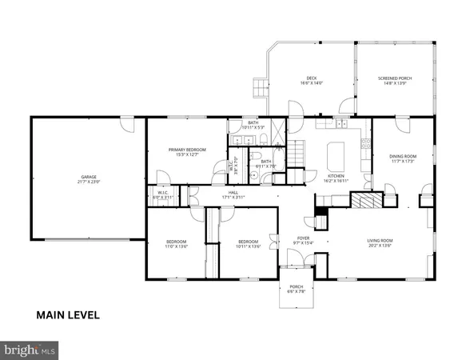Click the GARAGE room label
pyautogui.click(x=88, y=177)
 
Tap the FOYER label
pyautogui.click(x=303, y=238)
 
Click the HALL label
pyautogui.click(x=233, y=192)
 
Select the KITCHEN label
pyautogui.click(x=337, y=176)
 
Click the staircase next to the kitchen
pyautogui.click(x=297, y=150)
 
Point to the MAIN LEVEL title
pyautogui.click(x=68, y=314)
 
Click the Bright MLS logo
pyautogui.click(x=30, y=350)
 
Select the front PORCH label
pyautogui.click(x=297, y=287)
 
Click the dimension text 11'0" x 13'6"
pyautogui.click(x=176, y=246)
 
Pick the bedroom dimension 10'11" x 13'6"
pyautogui.click(x=249, y=246)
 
